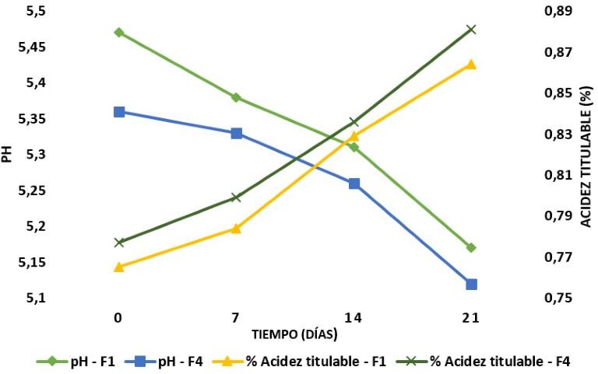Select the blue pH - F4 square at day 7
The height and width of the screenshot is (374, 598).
[x=236, y=134]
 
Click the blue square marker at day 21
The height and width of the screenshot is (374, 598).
[x=471, y=285]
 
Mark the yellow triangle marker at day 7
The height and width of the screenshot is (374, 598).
[x=236, y=229]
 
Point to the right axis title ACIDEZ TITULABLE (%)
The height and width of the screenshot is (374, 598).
[x=586, y=156]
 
